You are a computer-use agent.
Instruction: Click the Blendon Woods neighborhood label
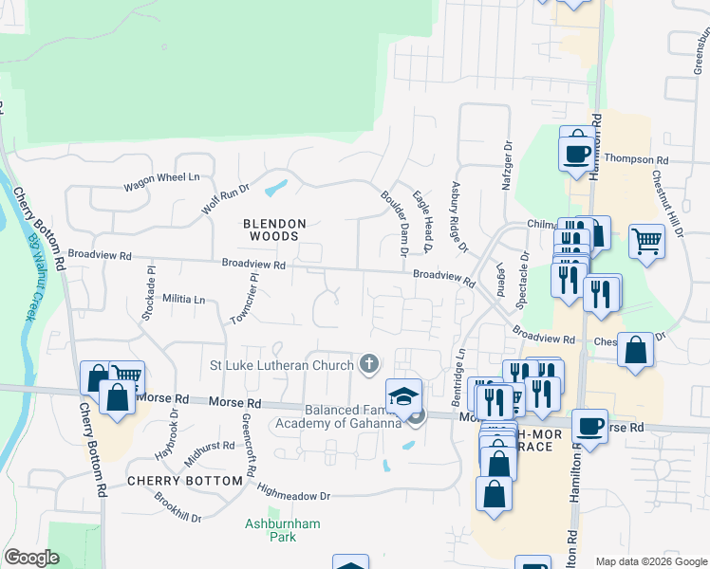[275, 231]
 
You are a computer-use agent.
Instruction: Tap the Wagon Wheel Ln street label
[162, 177]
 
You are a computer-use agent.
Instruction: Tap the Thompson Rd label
[636, 159]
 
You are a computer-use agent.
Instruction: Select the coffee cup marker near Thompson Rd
[576, 150]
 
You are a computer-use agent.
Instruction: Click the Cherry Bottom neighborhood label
[185, 481]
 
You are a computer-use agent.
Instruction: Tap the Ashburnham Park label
[283, 530]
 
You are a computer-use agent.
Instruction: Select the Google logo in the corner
[32, 558]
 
